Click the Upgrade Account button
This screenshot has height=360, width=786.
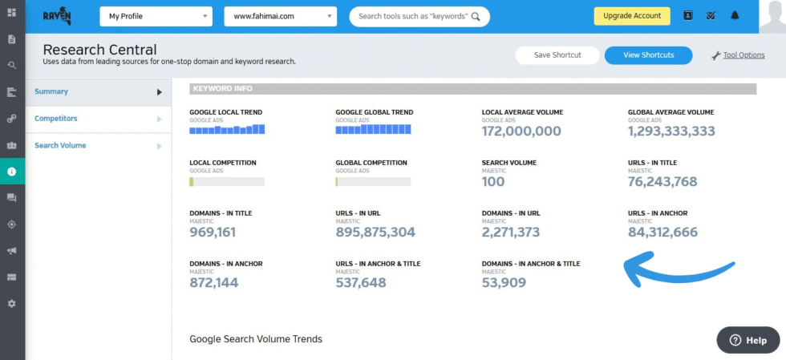(631, 15)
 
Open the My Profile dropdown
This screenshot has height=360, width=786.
(156, 15)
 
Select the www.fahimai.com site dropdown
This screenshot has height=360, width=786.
(280, 15)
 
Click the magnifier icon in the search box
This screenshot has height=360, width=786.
(476, 16)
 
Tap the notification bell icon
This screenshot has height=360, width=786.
(735, 15)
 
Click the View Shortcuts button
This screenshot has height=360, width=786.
(648, 55)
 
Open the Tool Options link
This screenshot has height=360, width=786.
(743, 55)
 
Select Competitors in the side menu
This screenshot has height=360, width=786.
(56, 119)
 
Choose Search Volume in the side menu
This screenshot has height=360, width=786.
(60, 145)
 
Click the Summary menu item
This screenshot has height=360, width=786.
(51, 91)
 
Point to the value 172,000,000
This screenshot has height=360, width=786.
(521, 131)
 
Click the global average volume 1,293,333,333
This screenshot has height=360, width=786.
(671, 131)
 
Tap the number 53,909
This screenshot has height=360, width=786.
(504, 282)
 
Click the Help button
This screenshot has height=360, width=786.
(748, 340)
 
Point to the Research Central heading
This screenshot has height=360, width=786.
(99, 50)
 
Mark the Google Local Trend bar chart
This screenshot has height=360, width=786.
(227, 130)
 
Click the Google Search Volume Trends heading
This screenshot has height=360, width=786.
(256, 339)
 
